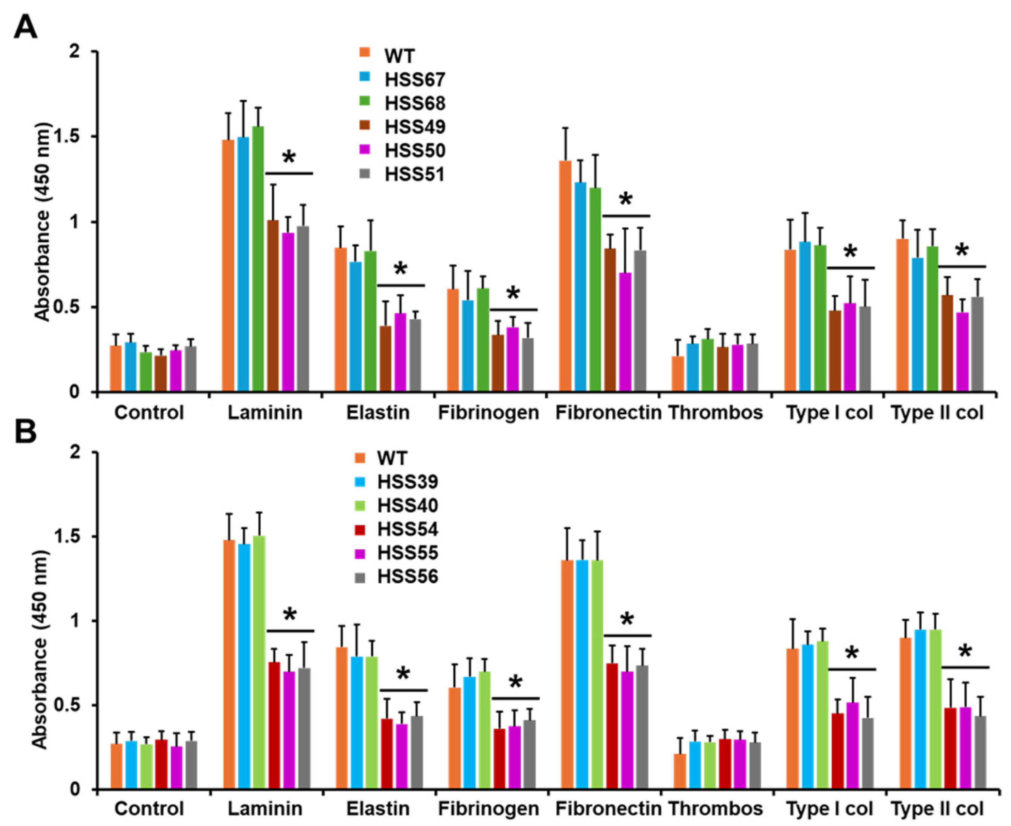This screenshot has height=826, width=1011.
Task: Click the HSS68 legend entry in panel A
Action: [x=414, y=103]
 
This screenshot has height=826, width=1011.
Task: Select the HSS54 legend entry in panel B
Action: [x=407, y=529]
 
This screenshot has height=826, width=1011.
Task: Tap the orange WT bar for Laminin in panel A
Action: [x=228, y=266]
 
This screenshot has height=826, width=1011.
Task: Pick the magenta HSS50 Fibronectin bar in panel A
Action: [x=625, y=333]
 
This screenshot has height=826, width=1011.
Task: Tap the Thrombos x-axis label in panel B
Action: [x=715, y=809]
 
